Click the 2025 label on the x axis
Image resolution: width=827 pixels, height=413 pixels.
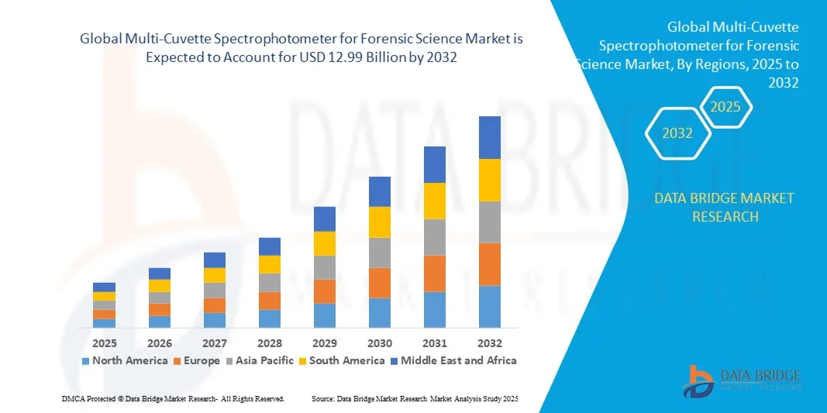coord(104,342)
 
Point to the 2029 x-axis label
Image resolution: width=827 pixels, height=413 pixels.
coord(324,342)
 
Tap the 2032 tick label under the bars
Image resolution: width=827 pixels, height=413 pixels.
coord(489,342)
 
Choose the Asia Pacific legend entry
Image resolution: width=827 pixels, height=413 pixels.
coord(259,360)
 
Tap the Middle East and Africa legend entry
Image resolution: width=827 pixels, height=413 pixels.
coord(453,360)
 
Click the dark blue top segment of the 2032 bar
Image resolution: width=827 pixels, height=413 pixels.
coord(489,137)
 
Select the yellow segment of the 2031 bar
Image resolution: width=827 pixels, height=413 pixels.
coord(434,201)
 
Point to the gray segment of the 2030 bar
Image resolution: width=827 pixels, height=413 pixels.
coord(379,253)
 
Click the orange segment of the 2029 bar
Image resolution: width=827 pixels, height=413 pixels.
coord(324,291)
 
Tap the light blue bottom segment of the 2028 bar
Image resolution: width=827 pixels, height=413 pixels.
coord(269,318)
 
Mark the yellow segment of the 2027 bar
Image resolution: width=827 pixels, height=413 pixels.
coord(214,275)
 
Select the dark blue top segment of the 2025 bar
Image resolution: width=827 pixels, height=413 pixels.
coord(104,287)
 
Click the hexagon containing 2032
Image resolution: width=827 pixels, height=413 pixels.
coord(677,133)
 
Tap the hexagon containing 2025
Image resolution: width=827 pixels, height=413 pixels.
coord(726,107)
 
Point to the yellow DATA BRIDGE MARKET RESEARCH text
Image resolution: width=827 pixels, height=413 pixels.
coord(724,207)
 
